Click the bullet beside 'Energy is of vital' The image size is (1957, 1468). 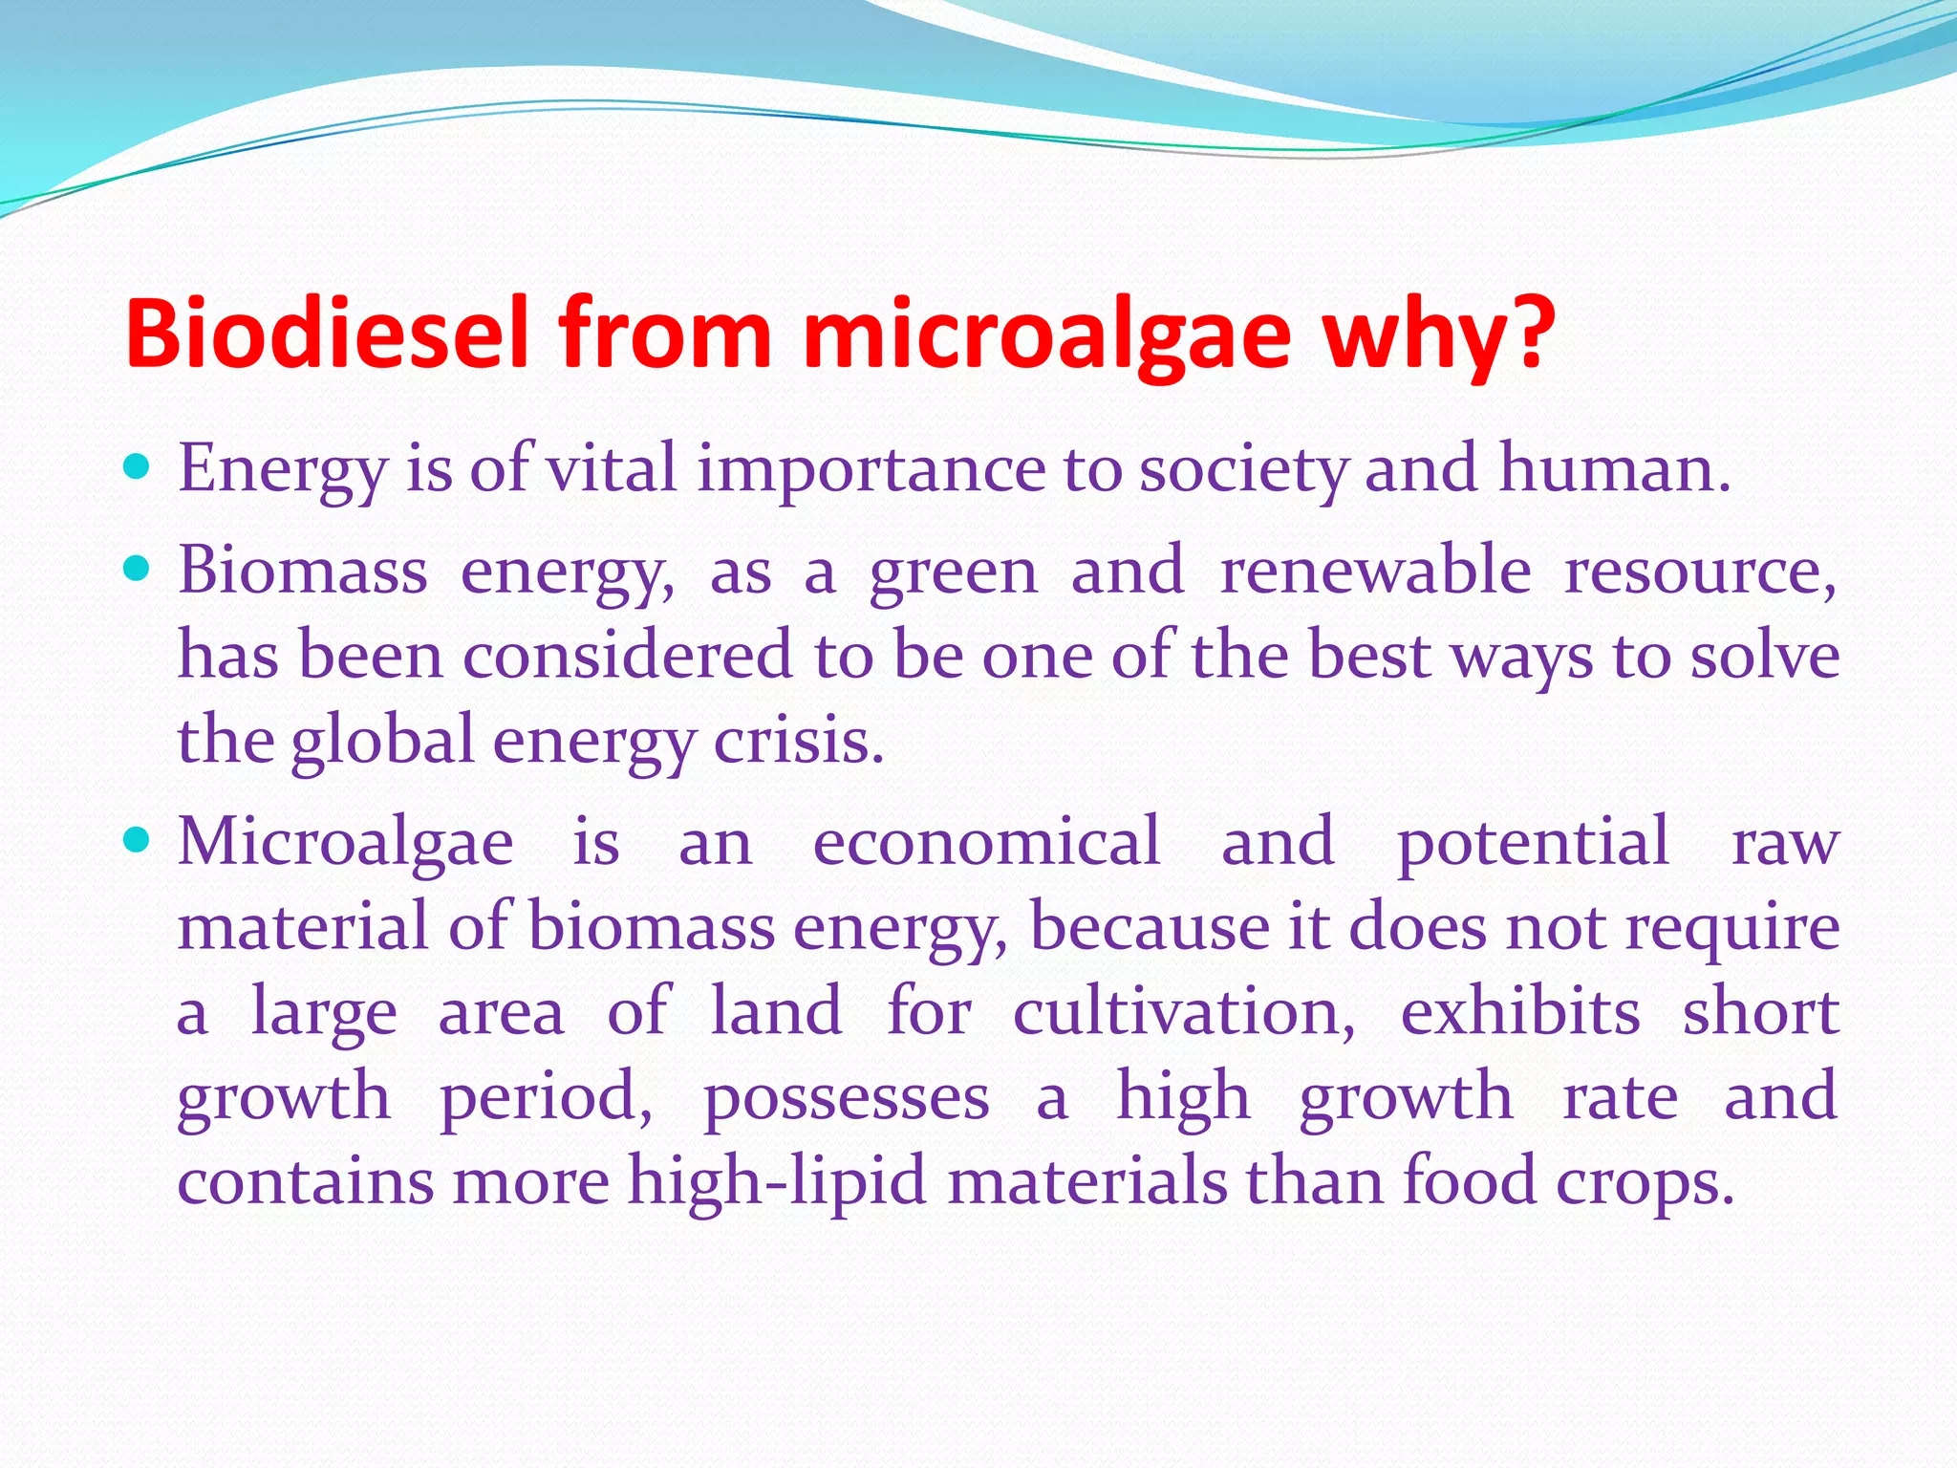pyautogui.click(x=138, y=468)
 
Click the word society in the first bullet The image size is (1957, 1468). pyautogui.click(x=1243, y=470)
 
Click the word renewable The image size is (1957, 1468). pyautogui.click(x=1375, y=571)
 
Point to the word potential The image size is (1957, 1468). pyautogui.click(x=1534, y=843)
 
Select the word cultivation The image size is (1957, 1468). pyautogui.click(x=1183, y=1011)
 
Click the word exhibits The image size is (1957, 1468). pyautogui.click(x=1519, y=1011)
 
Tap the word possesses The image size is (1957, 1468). pyautogui.click(x=847, y=1097)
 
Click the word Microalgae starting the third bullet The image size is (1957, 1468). pyautogui.click(x=346, y=843)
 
